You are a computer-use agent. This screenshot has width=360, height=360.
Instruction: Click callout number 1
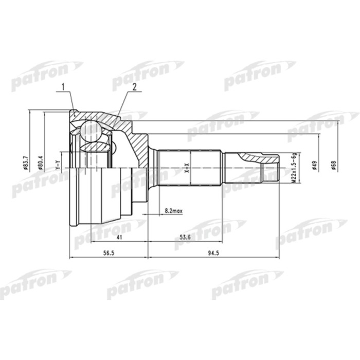pyautogui.click(x=64, y=87)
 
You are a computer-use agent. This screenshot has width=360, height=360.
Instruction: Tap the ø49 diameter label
pyautogui.click(x=313, y=166)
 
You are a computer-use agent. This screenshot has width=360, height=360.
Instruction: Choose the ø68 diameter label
pyautogui.click(x=333, y=166)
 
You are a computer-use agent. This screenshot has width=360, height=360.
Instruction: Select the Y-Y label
pyautogui.click(x=57, y=166)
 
